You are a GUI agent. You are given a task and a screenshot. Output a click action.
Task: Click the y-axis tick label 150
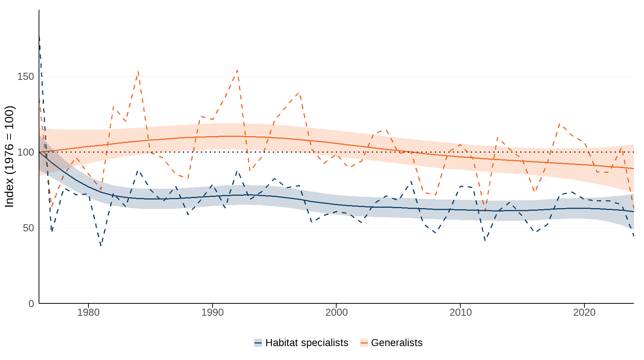click(25, 76)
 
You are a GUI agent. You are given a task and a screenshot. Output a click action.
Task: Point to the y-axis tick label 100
click(25, 152)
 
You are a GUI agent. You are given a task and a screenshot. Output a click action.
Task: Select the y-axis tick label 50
click(28, 228)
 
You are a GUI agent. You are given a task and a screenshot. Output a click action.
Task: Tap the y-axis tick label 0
click(31, 304)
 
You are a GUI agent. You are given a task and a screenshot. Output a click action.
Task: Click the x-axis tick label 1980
click(88, 312)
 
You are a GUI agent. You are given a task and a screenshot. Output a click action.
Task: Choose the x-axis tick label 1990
click(213, 312)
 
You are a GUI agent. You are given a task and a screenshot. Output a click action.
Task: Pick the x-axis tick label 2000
click(337, 312)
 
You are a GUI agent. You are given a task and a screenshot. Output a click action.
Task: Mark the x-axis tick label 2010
click(460, 312)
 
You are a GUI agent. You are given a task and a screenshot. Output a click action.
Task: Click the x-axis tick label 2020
click(584, 312)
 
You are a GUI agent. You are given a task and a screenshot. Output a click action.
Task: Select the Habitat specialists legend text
click(307, 343)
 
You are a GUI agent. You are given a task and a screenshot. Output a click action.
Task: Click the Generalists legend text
click(397, 343)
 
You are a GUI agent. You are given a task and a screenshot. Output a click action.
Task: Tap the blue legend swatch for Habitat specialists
click(258, 343)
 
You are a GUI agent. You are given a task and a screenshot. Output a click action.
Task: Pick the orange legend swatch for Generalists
click(364, 343)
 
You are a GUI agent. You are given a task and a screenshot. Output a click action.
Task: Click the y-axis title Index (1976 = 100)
click(9, 156)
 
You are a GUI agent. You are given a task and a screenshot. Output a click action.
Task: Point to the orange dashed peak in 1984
click(138, 71)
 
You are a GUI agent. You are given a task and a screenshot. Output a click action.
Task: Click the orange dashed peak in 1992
click(237, 70)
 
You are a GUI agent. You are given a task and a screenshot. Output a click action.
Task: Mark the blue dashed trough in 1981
click(101, 246)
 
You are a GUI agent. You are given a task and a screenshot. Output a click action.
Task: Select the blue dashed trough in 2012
click(485, 240)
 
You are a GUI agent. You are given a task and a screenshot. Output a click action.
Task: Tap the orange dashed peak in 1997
click(299, 92)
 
